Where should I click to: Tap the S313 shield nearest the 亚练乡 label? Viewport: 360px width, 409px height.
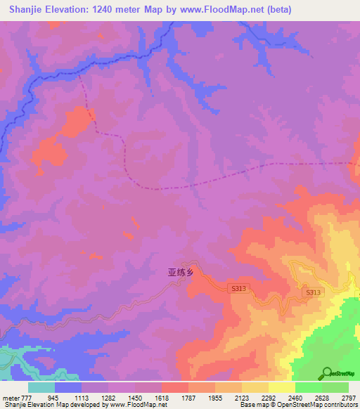coord(240,288)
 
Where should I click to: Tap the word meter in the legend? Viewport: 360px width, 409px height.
coord(11,398)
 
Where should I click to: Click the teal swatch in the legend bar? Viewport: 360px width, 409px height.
coord(41,387)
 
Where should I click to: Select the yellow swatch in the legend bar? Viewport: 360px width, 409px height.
coord(281,387)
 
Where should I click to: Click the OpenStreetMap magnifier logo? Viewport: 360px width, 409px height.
coord(326,373)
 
